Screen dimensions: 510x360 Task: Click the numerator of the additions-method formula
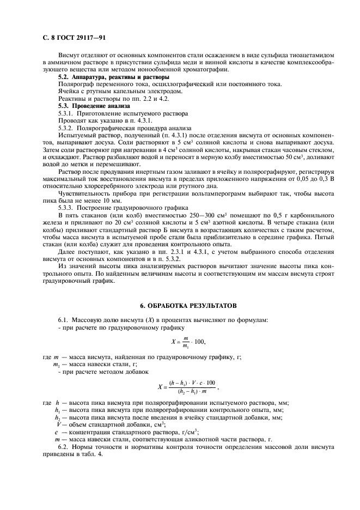(x=193, y=383)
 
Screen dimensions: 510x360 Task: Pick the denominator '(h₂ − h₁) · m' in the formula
(x=193, y=392)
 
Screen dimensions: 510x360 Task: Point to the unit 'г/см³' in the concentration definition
(x=174, y=432)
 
